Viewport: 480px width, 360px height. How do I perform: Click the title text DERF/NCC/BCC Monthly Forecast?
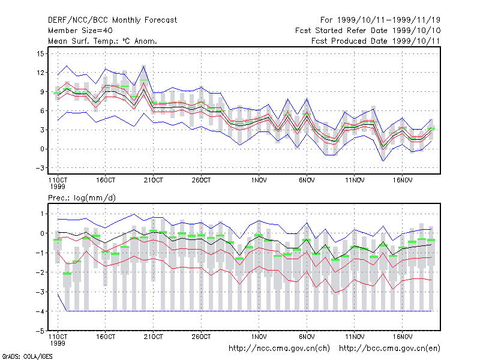pyautogui.click(x=112, y=20)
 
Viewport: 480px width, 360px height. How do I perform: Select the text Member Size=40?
pyautogui.click(x=80, y=31)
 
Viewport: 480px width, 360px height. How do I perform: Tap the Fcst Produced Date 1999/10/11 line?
pyautogui.click(x=376, y=41)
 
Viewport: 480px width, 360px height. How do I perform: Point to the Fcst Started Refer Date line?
pyautogui.click(x=368, y=31)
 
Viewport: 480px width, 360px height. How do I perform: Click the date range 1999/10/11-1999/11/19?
pyautogui.click(x=389, y=20)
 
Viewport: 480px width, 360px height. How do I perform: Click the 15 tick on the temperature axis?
pyautogui.click(x=40, y=54)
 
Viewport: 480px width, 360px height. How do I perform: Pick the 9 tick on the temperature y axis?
pyautogui.click(x=42, y=92)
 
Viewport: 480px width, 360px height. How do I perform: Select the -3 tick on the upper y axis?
pyautogui.click(x=40, y=168)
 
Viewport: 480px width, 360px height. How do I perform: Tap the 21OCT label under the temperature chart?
pyautogui.click(x=154, y=181)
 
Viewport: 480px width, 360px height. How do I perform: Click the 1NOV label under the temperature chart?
pyautogui.click(x=259, y=181)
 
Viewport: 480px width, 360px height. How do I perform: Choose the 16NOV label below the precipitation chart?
pyautogui.click(x=403, y=337)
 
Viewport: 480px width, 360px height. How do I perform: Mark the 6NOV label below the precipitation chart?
pyautogui.click(x=307, y=337)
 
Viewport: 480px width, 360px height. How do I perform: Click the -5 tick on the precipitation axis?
pyautogui.click(x=40, y=331)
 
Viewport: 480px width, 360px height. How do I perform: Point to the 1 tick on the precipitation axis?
pyautogui.click(x=42, y=214)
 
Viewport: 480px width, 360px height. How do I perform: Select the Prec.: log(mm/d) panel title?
pyautogui.click(x=82, y=198)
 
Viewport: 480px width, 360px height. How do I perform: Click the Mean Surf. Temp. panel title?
pyautogui.click(x=103, y=41)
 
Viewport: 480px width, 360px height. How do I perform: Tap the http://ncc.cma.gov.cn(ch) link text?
pyautogui.click(x=279, y=349)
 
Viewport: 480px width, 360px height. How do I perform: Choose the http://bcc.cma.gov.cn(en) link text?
pyautogui.click(x=389, y=349)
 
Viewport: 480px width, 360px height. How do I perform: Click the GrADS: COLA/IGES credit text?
pyautogui.click(x=28, y=356)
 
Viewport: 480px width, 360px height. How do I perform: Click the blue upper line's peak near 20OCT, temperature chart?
pyautogui.click(x=143, y=66)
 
